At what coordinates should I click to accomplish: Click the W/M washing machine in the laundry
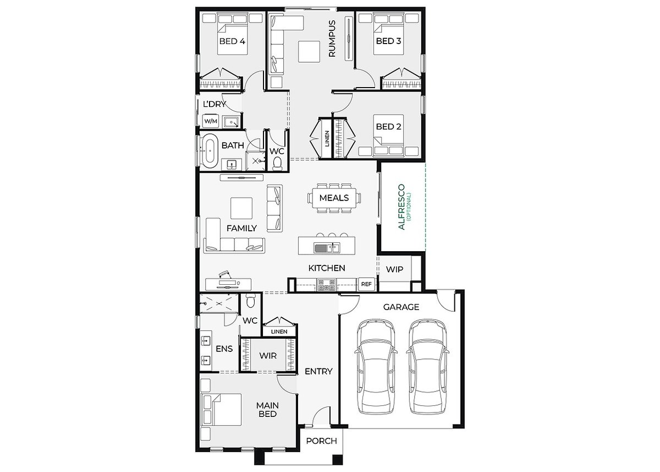click(211, 121)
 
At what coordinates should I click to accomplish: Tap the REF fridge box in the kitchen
click(366, 284)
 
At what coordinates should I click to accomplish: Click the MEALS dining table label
click(334, 198)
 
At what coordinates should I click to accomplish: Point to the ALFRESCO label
click(402, 207)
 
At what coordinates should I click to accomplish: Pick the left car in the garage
click(376, 366)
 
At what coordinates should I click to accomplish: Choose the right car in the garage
click(427, 366)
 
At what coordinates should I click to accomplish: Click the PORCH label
click(321, 441)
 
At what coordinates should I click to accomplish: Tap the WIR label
click(268, 355)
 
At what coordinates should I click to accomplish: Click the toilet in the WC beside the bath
click(277, 164)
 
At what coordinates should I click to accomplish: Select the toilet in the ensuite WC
click(251, 301)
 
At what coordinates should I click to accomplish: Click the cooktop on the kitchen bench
click(327, 285)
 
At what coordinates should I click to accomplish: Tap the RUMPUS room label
click(332, 39)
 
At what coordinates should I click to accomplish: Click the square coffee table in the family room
click(241, 208)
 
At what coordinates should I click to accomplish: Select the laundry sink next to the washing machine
click(232, 122)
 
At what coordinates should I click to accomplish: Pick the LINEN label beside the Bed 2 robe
click(327, 138)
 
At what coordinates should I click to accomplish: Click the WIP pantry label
click(394, 269)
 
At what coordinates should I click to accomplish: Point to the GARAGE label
click(401, 307)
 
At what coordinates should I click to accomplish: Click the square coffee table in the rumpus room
click(309, 52)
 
